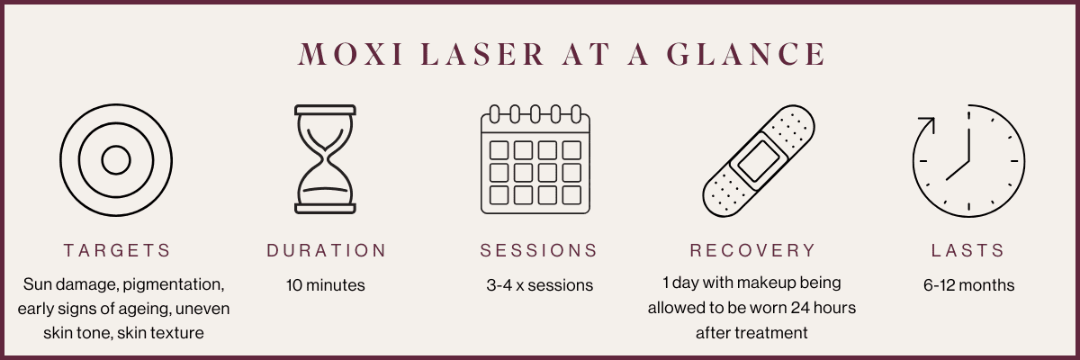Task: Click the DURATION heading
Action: point(326,250)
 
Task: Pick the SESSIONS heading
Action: point(538,250)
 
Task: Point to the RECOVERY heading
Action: point(752,250)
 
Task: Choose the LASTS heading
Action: point(967,250)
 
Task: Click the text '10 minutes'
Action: point(326,285)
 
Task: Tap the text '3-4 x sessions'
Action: point(539,285)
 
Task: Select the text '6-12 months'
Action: point(968,285)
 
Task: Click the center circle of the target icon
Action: point(115,160)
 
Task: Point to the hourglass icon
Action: point(326,160)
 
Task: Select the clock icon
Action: point(968,160)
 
